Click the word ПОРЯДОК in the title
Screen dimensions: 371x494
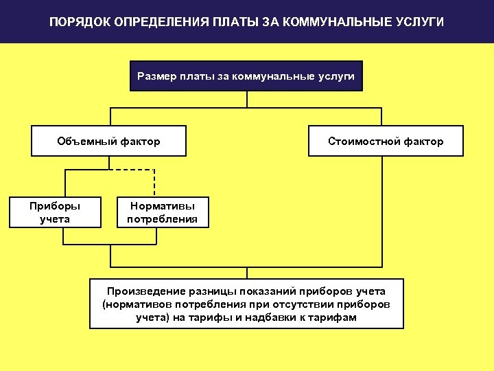click(x=78, y=23)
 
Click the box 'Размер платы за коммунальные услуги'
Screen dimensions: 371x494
click(x=246, y=76)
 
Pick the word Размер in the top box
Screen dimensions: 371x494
click(x=157, y=76)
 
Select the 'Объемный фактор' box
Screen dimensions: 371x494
click(x=108, y=142)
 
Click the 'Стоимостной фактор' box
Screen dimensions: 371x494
click(x=386, y=142)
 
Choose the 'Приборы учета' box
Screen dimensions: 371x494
click(x=55, y=213)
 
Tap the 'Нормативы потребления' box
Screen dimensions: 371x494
click(x=162, y=213)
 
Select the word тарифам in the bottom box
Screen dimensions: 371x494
click(x=337, y=317)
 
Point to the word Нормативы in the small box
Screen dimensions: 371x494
click(x=162, y=206)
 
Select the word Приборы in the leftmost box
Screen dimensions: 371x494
click(x=55, y=206)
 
